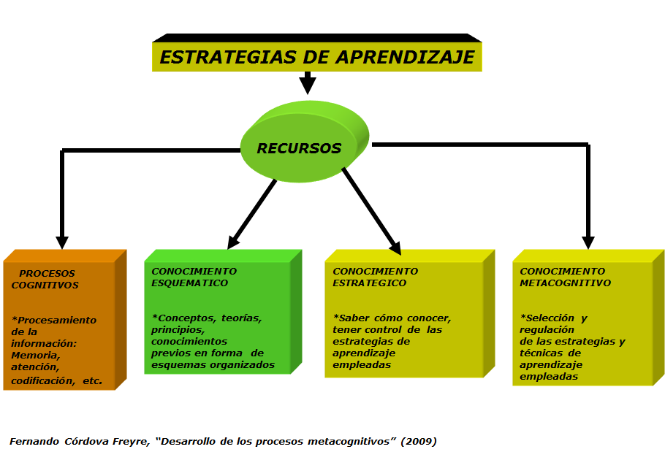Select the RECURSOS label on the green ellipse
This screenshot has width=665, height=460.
[299, 148]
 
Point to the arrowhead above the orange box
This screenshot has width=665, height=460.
[62, 242]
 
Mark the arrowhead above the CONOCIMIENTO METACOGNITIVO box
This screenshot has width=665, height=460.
[588, 242]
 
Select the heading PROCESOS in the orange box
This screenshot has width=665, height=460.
[47, 274]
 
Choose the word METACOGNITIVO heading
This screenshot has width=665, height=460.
[566, 283]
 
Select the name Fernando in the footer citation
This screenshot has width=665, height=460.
[33, 441]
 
